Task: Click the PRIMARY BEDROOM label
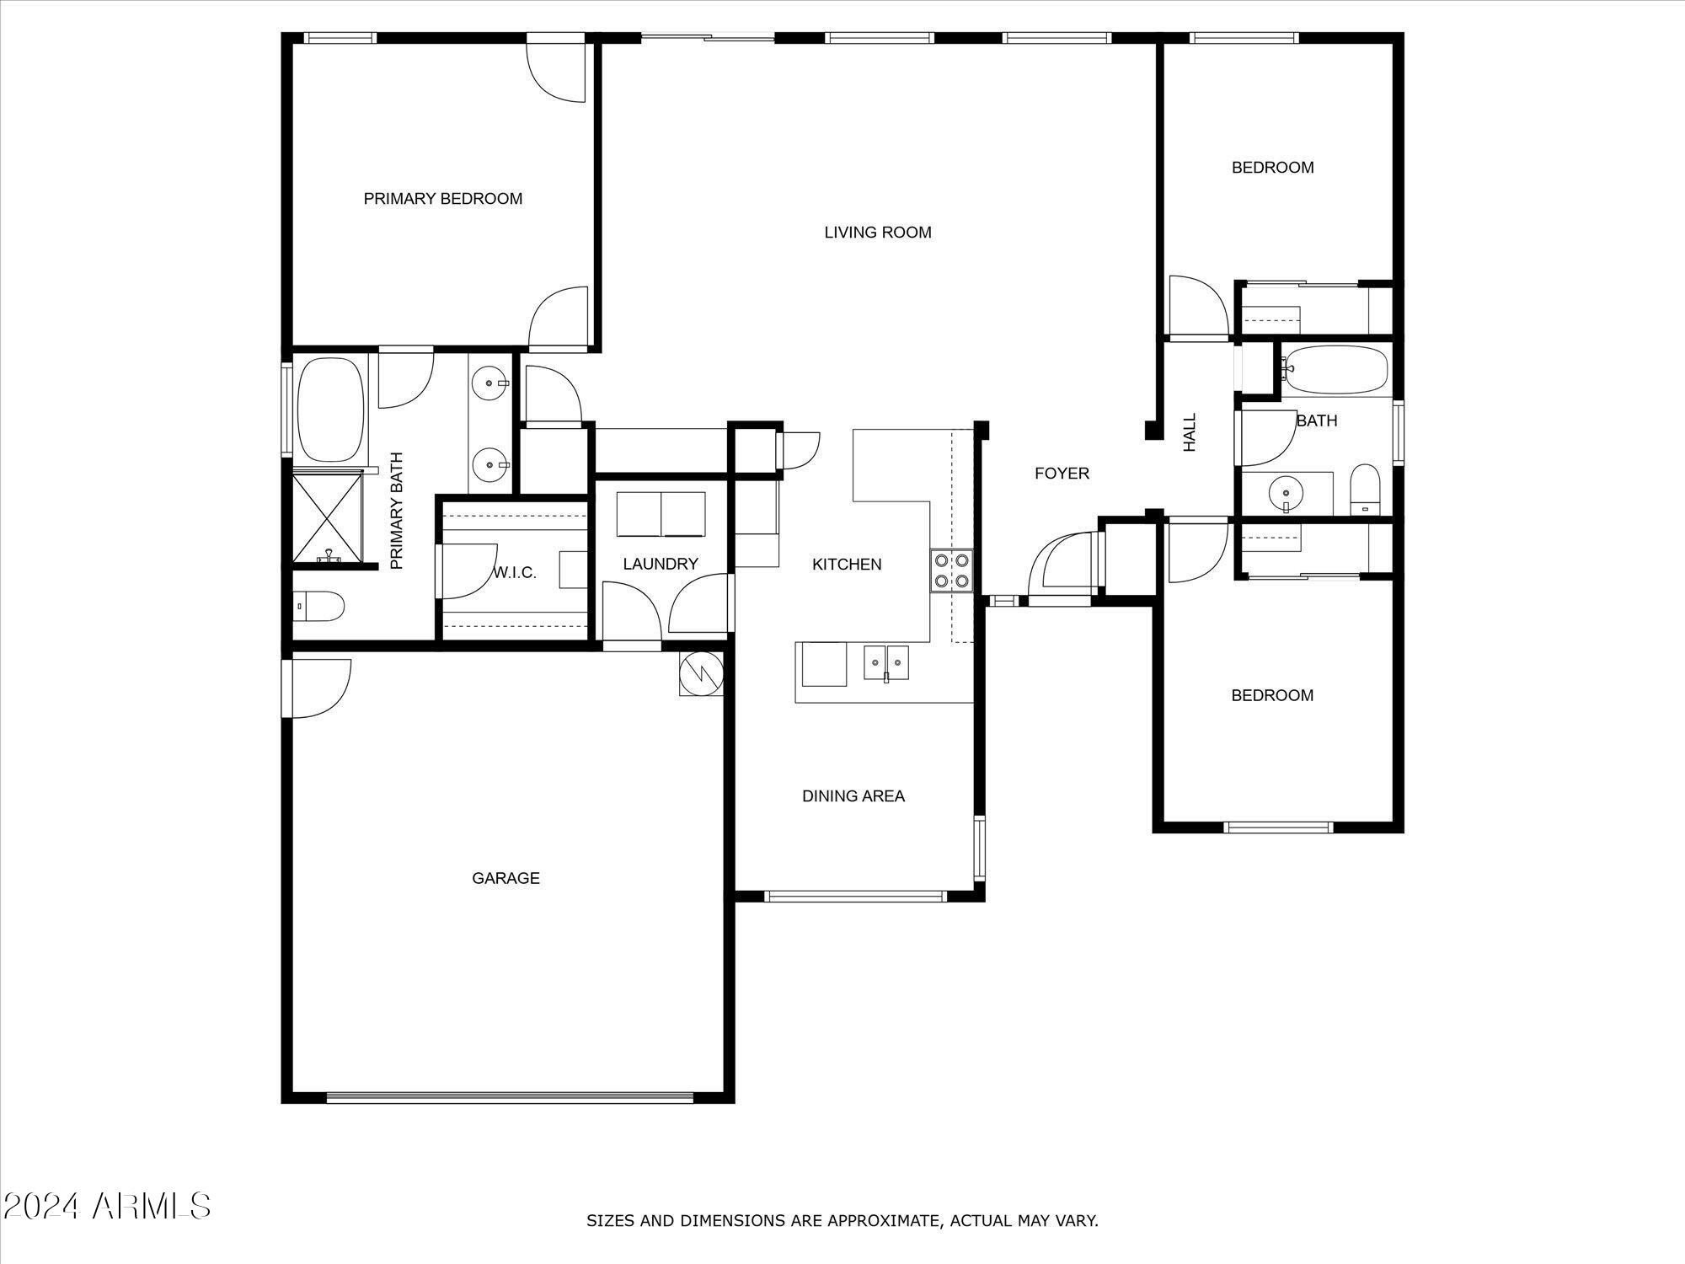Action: click(x=443, y=199)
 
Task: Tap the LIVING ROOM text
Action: click(x=878, y=233)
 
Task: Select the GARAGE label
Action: click(x=505, y=878)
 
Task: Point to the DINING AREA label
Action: click(x=853, y=796)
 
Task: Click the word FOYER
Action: click(x=1062, y=474)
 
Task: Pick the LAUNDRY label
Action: click(x=661, y=565)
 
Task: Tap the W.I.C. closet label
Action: click(x=515, y=573)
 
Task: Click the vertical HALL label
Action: click(x=1190, y=432)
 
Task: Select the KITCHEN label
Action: click(x=847, y=565)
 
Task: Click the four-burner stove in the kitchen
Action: click(x=952, y=570)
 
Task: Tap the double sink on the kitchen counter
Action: click(x=886, y=663)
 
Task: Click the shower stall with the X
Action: click(x=328, y=517)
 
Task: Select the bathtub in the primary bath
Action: click(x=331, y=410)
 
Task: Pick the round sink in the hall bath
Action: click(x=1286, y=491)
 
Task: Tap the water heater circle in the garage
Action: click(x=702, y=673)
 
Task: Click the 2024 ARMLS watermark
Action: click(x=106, y=1207)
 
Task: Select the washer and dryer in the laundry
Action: click(x=661, y=515)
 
